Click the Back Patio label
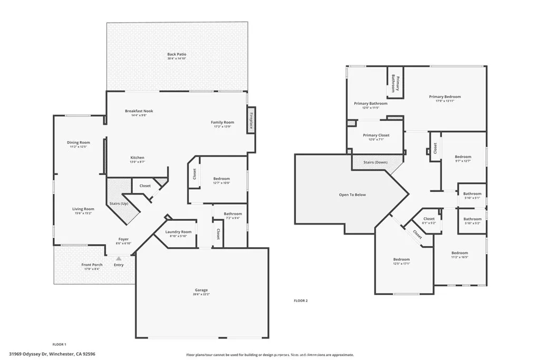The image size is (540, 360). click(177, 54)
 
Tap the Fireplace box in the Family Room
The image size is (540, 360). click(252, 121)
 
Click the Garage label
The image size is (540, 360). click(201, 290)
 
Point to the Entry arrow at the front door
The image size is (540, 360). click(119, 258)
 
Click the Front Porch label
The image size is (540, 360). click(92, 265)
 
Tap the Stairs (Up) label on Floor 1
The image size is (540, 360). click(118, 203)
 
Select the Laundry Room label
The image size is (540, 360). click(178, 232)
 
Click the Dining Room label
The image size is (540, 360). click(78, 142)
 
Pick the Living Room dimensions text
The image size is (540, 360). click(83, 213)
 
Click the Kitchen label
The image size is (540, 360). click(137, 158)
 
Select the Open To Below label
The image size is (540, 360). click(352, 194)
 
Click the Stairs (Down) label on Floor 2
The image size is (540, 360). click(375, 162)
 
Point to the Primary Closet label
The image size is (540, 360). click(376, 135)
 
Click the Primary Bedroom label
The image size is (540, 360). click(445, 96)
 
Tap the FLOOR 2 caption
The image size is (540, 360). click(300, 300)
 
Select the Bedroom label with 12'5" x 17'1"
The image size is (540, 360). click(401, 259)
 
